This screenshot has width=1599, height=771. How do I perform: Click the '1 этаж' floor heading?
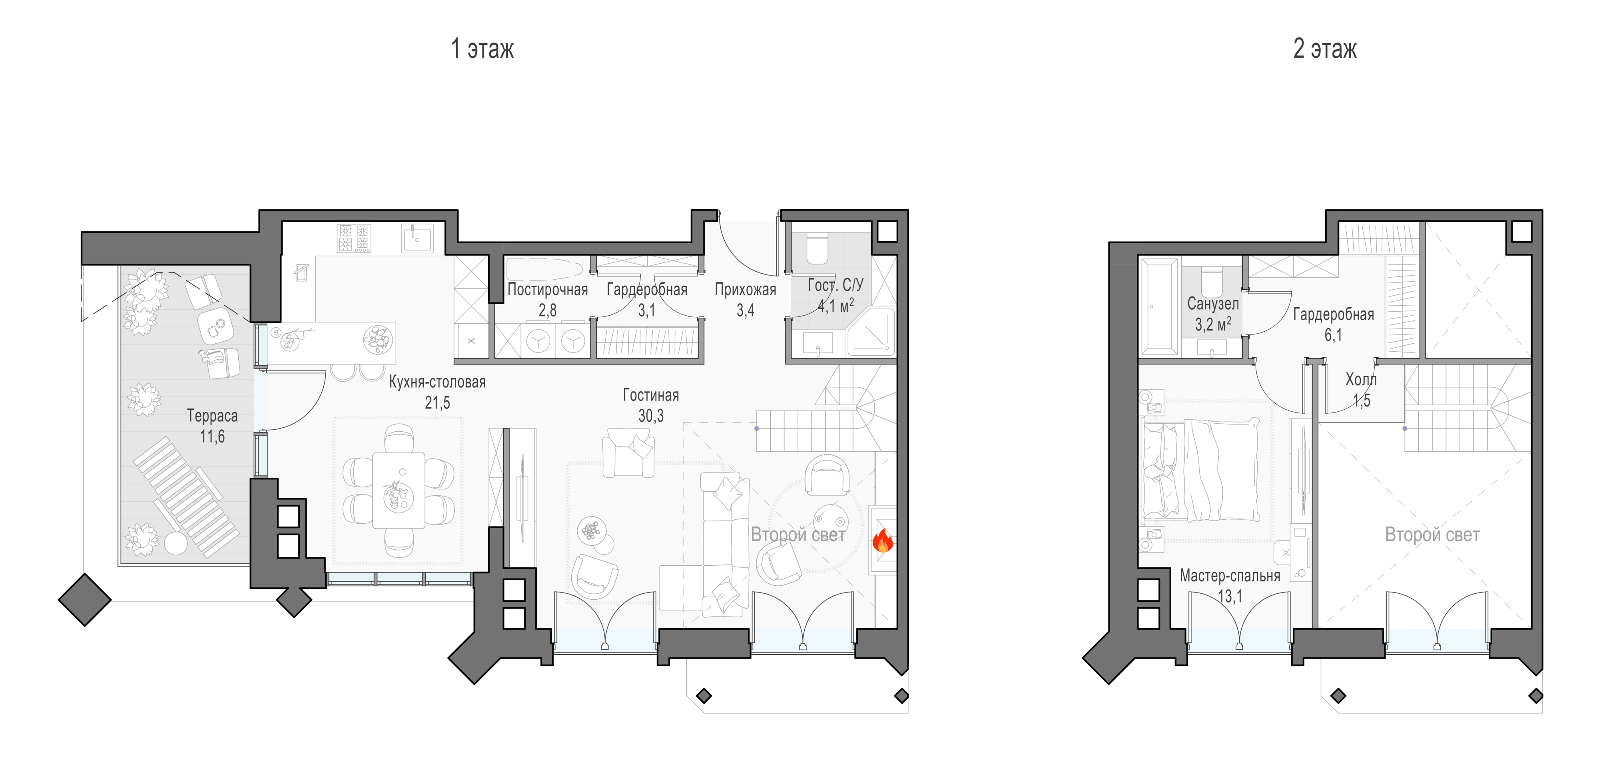pyautogui.click(x=482, y=48)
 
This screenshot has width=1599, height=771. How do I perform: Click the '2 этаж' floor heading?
pyautogui.click(x=1325, y=48)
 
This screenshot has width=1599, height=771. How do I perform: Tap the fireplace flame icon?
pyautogui.click(x=882, y=541)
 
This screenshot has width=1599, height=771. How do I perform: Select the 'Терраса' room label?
pyautogui.click(x=212, y=416)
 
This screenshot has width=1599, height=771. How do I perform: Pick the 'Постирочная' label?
pyautogui.click(x=548, y=290)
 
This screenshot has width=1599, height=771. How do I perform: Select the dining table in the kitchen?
pyautogui.click(x=399, y=491)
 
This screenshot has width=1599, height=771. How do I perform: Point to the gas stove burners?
pyautogui.click(x=353, y=238)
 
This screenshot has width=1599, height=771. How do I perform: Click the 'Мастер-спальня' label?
pyautogui.click(x=1230, y=576)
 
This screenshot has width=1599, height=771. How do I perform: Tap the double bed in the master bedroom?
pyautogui.click(x=1201, y=470)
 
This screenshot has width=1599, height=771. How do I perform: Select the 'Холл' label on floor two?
pyautogui.click(x=1361, y=380)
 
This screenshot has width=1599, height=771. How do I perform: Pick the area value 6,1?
pyautogui.click(x=1333, y=336)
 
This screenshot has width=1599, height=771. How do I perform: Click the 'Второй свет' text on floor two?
pyautogui.click(x=1432, y=535)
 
